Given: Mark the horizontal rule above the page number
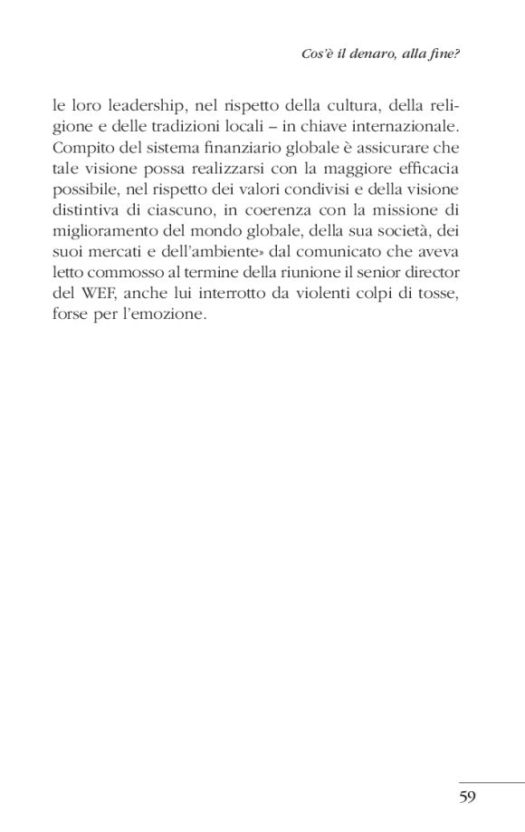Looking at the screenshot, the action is coord(491,781).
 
